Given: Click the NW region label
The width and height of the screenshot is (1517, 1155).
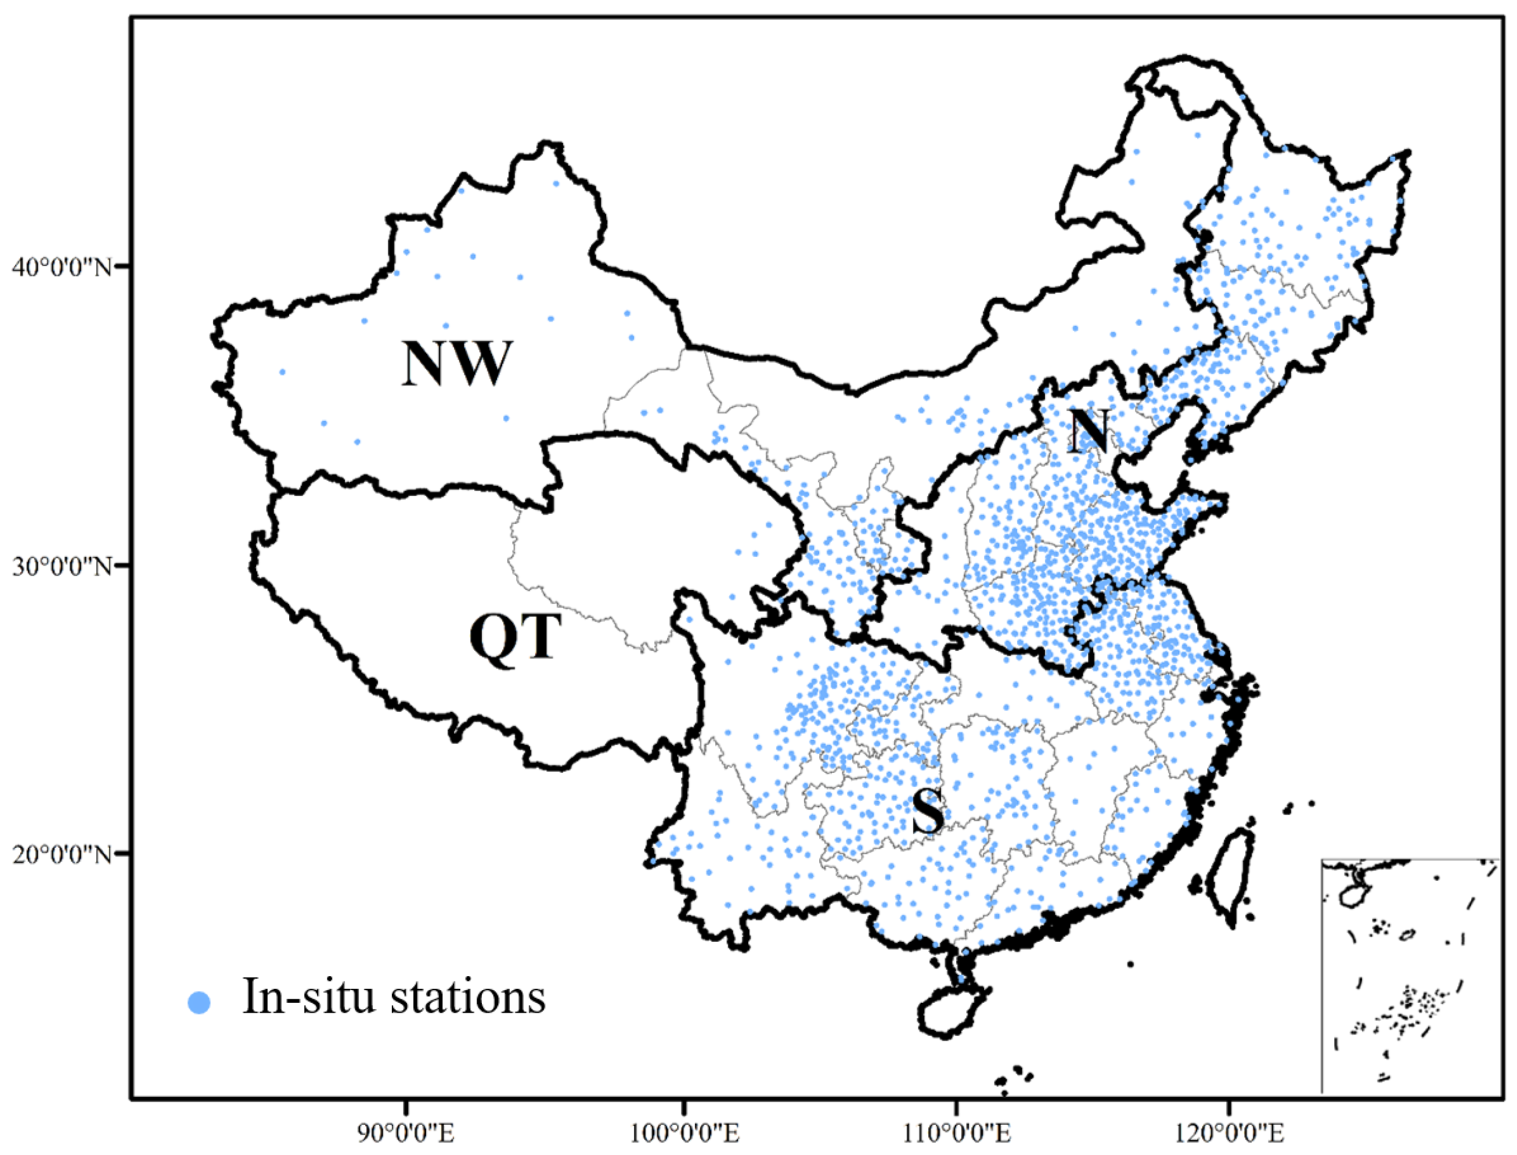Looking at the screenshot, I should pyautogui.click(x=456, y=363).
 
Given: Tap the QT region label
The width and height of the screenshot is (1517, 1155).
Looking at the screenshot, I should pyautogui.click(x=515, y=638).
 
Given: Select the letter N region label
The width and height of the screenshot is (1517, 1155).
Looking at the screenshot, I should pyautogui.click(x=1089, y=430).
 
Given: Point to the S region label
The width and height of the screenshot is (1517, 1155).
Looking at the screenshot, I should pyautogui.click(x=927, y=812).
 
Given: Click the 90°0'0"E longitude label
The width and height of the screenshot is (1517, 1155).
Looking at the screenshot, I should pyautogui.click(x=406, y=1134).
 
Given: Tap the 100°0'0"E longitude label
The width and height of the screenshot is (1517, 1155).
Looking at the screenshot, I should pyautogui.click(x=683, y=1134).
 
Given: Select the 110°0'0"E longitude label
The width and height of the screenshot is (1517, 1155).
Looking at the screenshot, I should pyautogui.click(x=956, y=1134).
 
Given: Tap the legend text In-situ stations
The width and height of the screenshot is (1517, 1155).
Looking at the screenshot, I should pyautogui.click(x=394, y=997).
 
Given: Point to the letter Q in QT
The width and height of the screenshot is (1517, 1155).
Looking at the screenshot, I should pyautogui.click(x=493, y=638).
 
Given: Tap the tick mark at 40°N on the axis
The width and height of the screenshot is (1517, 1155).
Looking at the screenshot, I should pyautogui.click(x=124, y=267).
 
